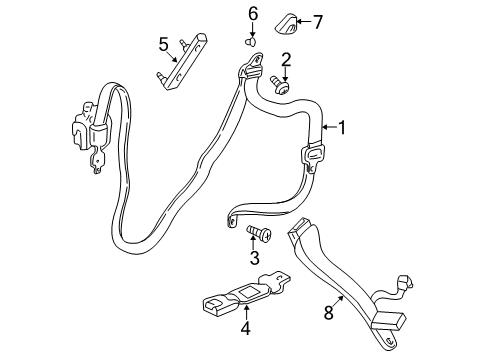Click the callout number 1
click(342, 127)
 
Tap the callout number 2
click(286, 59)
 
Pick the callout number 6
click(253, 13)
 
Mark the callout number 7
click(319, 21)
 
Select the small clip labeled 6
click(250, 42)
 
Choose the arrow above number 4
click(247, 307)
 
